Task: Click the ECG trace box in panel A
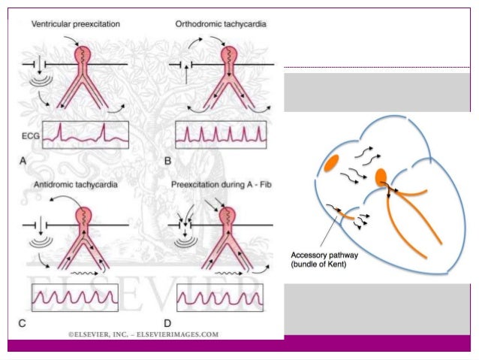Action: point(85,135)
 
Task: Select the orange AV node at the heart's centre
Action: point(381,177)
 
